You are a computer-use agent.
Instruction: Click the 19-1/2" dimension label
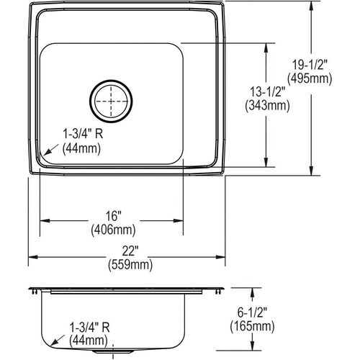(310, 65)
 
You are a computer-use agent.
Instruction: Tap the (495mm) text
(310, 78)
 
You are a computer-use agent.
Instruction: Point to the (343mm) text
(267, 105)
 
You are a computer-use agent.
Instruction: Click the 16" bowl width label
(113, 216)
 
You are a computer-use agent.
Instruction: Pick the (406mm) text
(113, 230)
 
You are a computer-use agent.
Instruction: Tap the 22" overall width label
(130, 251)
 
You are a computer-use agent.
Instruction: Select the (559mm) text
(130, 265)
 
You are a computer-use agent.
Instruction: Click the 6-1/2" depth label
(252, 312)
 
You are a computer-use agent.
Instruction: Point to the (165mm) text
(252, 326)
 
